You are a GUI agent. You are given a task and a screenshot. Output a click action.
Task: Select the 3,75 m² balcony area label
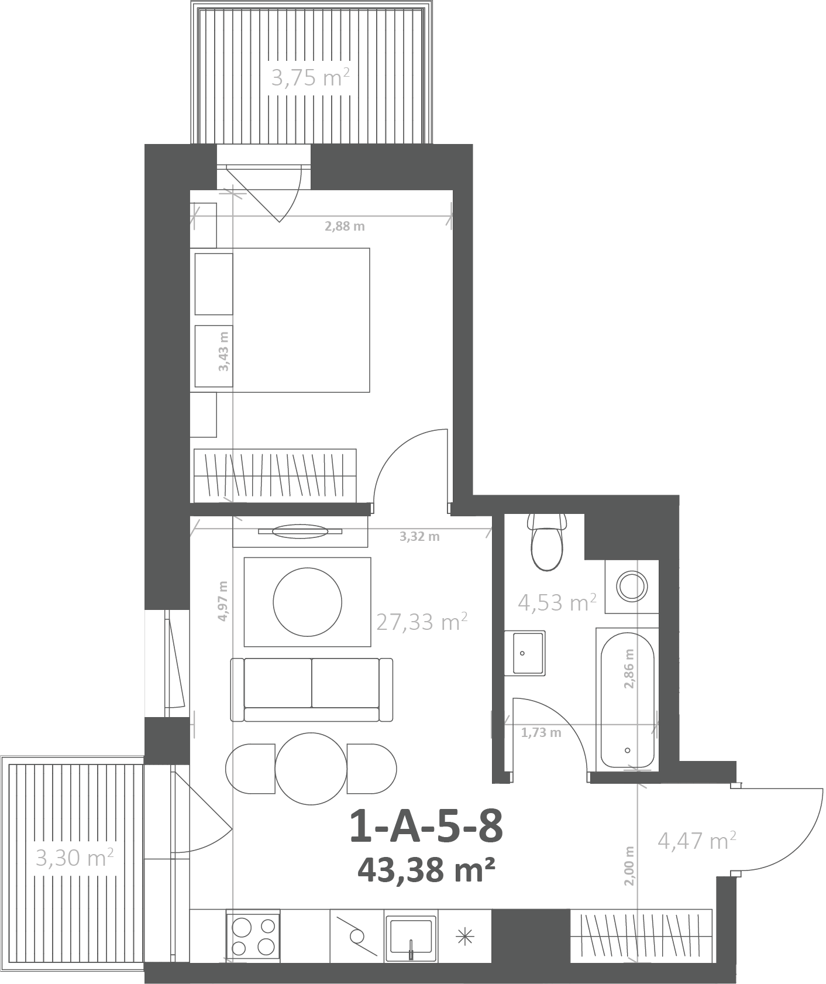[x=311, y=77]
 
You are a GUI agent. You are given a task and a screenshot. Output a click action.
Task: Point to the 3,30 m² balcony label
[x=75, y=858]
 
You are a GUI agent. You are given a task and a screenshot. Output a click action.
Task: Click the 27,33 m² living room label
[x=422, y=622]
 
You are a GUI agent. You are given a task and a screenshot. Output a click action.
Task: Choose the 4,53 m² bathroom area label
[x=557, y=602]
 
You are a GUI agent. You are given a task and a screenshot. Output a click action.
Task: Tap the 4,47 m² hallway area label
[x=697, y=841]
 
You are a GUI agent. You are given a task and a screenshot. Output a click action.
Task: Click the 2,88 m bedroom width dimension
[x=345, y=226]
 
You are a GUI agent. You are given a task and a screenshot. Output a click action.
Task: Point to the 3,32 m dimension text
[x=419, y=536]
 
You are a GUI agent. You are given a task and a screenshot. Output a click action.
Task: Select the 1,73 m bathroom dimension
[x=541, y=732]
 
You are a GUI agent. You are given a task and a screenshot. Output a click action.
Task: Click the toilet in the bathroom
[x=547, y=541]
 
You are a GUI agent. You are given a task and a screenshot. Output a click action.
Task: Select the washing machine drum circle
[x=633, y=586]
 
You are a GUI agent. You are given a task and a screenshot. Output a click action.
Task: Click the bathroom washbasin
[x=525, y=653]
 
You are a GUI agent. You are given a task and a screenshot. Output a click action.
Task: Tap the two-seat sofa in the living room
[x=312, y=690]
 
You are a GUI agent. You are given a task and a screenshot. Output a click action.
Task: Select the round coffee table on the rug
[x=308, y=602]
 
